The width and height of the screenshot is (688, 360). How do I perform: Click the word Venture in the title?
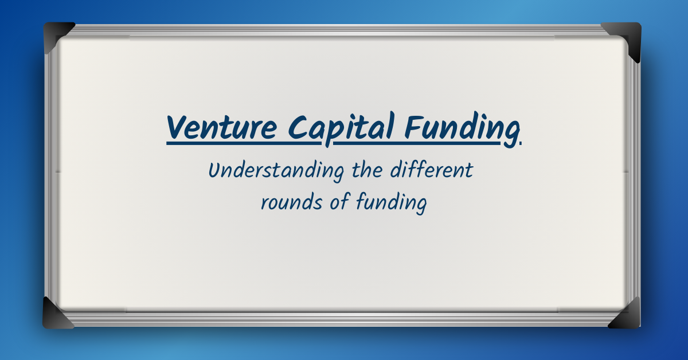click(x=222, y=127)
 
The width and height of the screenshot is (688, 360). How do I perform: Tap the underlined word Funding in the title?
click(x=462, y=127)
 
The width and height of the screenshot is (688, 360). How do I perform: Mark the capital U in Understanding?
click(x=214, y=170)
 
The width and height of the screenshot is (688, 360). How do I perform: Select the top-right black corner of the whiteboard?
click(x=627, y=36)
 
